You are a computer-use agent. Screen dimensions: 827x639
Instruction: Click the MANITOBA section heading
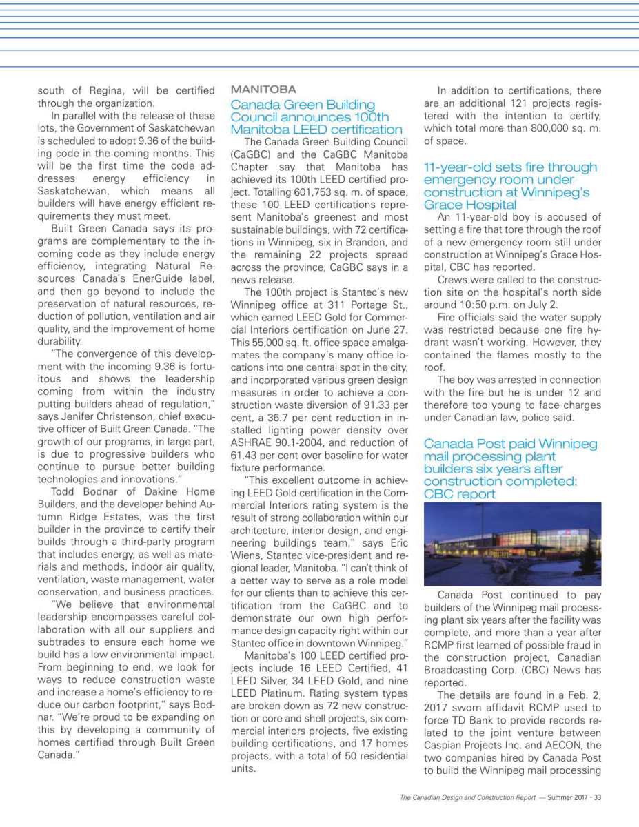tap(263, 90)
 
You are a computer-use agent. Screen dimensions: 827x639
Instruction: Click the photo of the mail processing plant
tap(512, 544)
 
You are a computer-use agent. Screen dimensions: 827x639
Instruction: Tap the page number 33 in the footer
tap(597, 798)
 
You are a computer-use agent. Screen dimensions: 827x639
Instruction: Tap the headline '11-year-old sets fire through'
tap(510, 167)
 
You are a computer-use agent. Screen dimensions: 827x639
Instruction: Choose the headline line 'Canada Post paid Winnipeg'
tap(510, 444)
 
